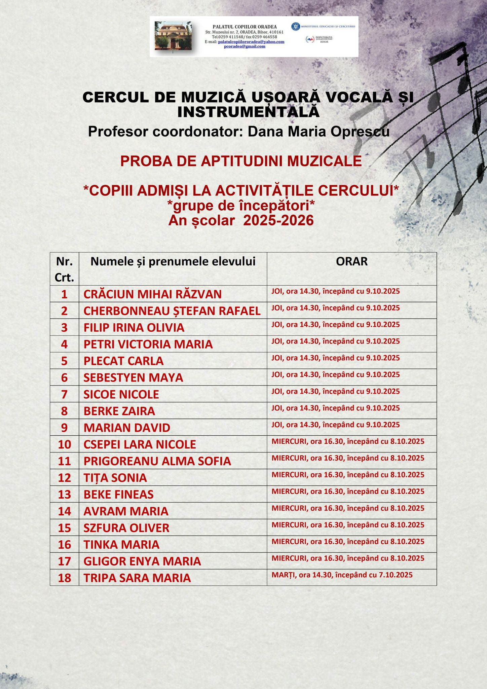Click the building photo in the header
[x=173, y=36]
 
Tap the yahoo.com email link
[x=251, y=42]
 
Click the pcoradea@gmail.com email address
[x=245, y=46]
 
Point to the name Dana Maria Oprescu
[x=319, y=132]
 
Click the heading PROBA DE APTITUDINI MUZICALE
[x=241, y=161]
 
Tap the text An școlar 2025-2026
[x=241, y=220]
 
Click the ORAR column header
[x=351, y=262]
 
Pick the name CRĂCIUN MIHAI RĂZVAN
[x=152, y=294]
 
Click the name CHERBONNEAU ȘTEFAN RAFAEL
[x=172, y=311]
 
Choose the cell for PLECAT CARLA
[x=123, y=361]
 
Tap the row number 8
[x=64, y=411]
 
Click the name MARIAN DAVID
[x=127, y=428]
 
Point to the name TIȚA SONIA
[x=115, y=478]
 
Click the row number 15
[x=64, y=528]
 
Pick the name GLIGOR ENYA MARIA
[x=142, y=561]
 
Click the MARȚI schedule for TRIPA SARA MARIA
[x=342, y=575]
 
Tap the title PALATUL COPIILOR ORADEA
[x=245, y=27]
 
